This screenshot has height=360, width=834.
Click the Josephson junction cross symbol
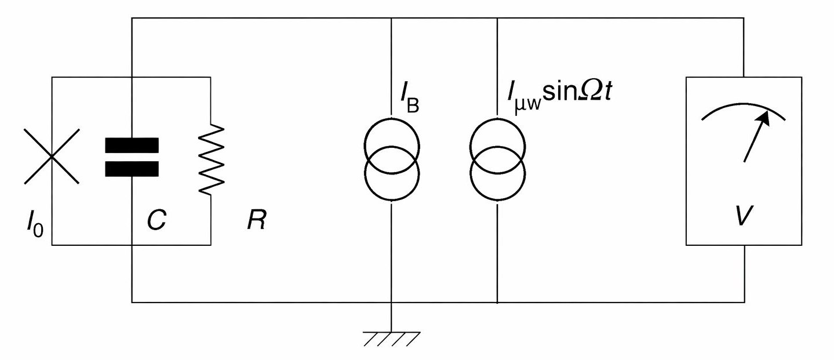pos(52,156)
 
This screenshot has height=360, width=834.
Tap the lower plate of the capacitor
pos(132,168)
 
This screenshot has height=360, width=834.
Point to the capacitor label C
pos(156,220)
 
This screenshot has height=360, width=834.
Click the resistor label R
pos(256,221)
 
